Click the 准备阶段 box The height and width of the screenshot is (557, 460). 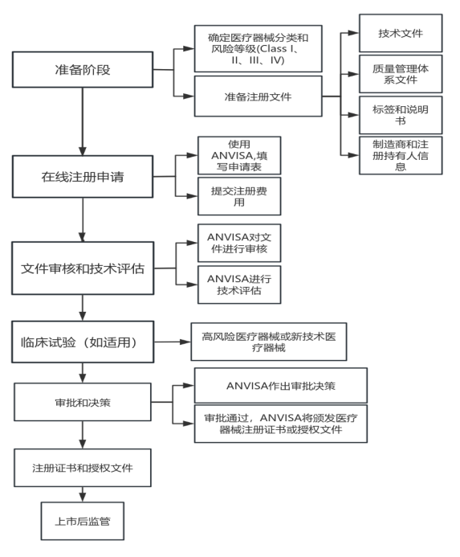[x=83, y=70]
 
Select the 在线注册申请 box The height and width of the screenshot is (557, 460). [x=83, y=177]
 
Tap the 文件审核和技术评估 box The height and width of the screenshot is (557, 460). [x=83, y=268]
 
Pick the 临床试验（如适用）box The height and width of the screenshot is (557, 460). [x=83, y=342]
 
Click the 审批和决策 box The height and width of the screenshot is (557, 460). [x=83, y=402]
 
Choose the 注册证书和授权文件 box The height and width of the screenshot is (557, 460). [x=83, y=468]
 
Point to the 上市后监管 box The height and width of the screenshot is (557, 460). [x=83, y=521]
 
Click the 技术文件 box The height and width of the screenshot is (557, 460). [x=401, y=33]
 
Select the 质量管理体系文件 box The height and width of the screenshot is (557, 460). [x=401, y=74]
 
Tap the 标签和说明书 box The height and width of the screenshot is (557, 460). [x=401, y=115]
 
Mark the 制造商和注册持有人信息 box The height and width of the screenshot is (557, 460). [x=401, y=155]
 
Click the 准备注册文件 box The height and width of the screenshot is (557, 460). [x=258, y=96]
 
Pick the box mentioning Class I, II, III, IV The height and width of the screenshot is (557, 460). [x=258, y=48]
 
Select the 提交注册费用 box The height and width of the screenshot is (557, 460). [x=239, y=196]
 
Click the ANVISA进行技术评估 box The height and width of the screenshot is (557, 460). [x=239, y=285]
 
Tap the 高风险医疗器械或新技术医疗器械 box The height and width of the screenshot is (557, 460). [x=269, y=342]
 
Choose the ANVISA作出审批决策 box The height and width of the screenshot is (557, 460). [x=281, y=386]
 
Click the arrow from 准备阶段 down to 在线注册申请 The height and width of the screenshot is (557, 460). [x=83, y=121]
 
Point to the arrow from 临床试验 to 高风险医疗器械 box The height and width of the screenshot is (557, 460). [x=172, y=342]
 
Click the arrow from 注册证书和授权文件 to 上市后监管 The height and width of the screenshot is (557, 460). [x=83, y=494]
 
